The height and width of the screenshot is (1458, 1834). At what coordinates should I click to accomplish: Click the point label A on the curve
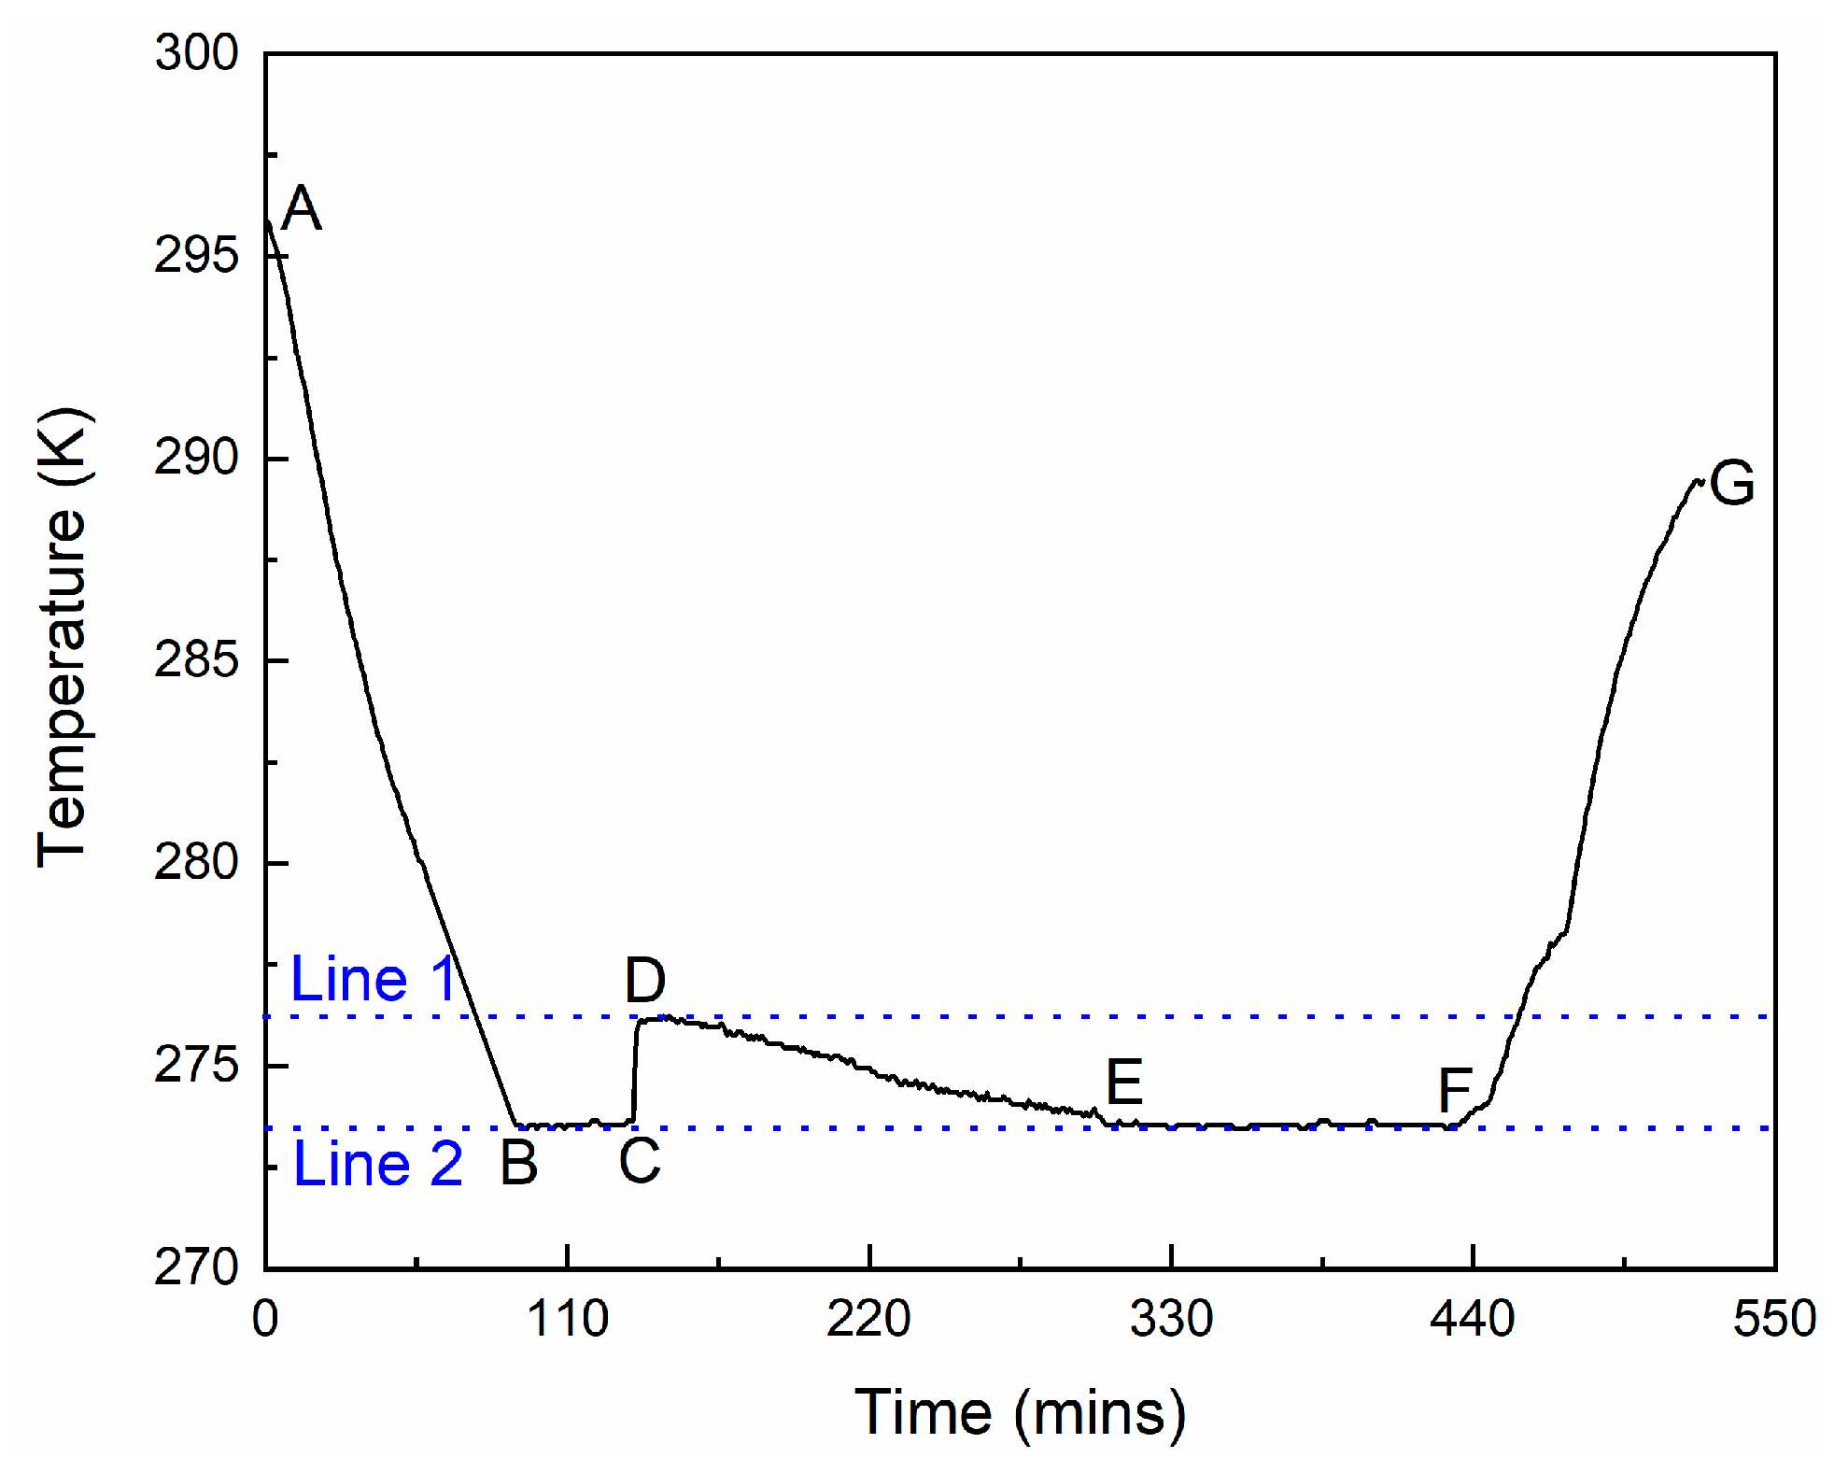[301, 208]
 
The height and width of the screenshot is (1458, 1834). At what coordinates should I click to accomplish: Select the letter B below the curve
[519, 1163]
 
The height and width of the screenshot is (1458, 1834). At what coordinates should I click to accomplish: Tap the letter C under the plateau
[640, 1161]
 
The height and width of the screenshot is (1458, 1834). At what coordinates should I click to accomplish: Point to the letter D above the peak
[645, 981]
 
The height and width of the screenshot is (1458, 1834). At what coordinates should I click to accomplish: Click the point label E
[1124, 1083]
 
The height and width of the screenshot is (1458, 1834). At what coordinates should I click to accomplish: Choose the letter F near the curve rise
[1455, 1089]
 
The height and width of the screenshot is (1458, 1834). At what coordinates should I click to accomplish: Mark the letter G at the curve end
[1732, 483]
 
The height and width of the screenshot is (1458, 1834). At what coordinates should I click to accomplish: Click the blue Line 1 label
[373, 979]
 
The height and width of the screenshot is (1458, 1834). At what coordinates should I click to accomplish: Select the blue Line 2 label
[378, 1164]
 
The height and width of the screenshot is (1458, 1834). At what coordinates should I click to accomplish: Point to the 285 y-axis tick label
[196, 660]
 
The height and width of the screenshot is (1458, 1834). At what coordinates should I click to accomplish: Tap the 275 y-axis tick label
[196, 1065]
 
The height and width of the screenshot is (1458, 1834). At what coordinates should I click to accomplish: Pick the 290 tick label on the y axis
[196, 458]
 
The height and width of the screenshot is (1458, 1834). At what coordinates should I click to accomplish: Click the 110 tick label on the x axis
[567, 1319]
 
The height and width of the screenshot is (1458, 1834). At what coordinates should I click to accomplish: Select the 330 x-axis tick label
[1171, 1319]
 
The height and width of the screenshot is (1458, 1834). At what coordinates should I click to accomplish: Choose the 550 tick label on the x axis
[1774, 1319]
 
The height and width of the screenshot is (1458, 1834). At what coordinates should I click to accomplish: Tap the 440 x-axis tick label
[1473, 1319]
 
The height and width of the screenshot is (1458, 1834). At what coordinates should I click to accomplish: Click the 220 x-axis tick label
[868, 1319]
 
